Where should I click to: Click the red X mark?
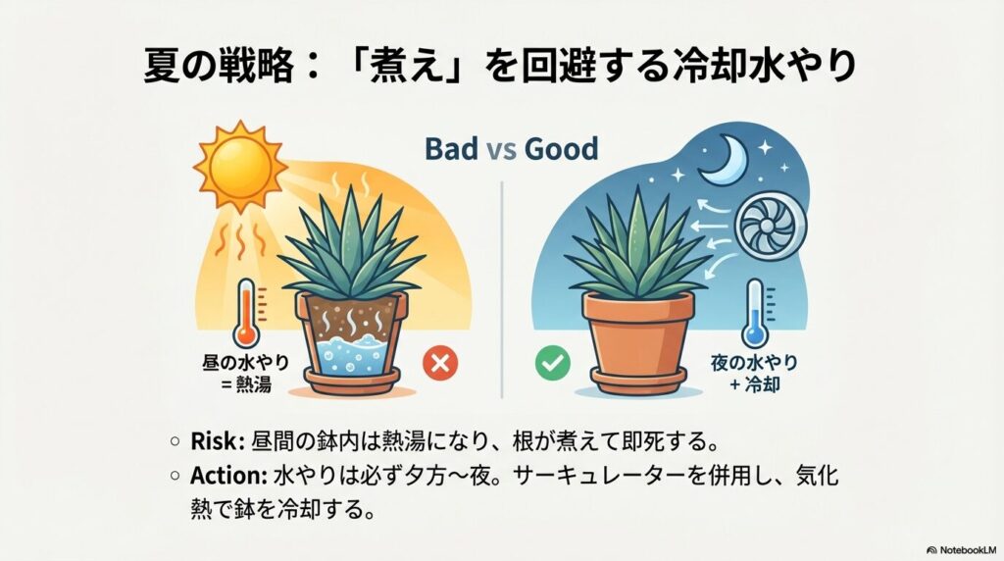coord(437,365)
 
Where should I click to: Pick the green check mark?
coord(551,365)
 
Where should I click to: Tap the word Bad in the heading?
coord(452,150)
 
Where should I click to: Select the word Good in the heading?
coord(561,150)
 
